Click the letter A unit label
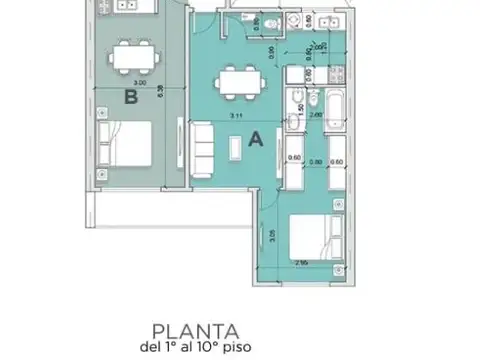[255, 141]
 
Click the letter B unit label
[129, 97]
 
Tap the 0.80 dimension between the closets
[315, 160]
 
